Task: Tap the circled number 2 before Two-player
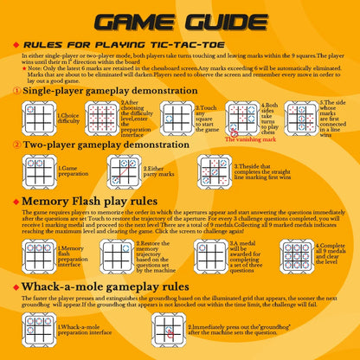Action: click(17, 145)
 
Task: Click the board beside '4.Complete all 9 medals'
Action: click(301, 254)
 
